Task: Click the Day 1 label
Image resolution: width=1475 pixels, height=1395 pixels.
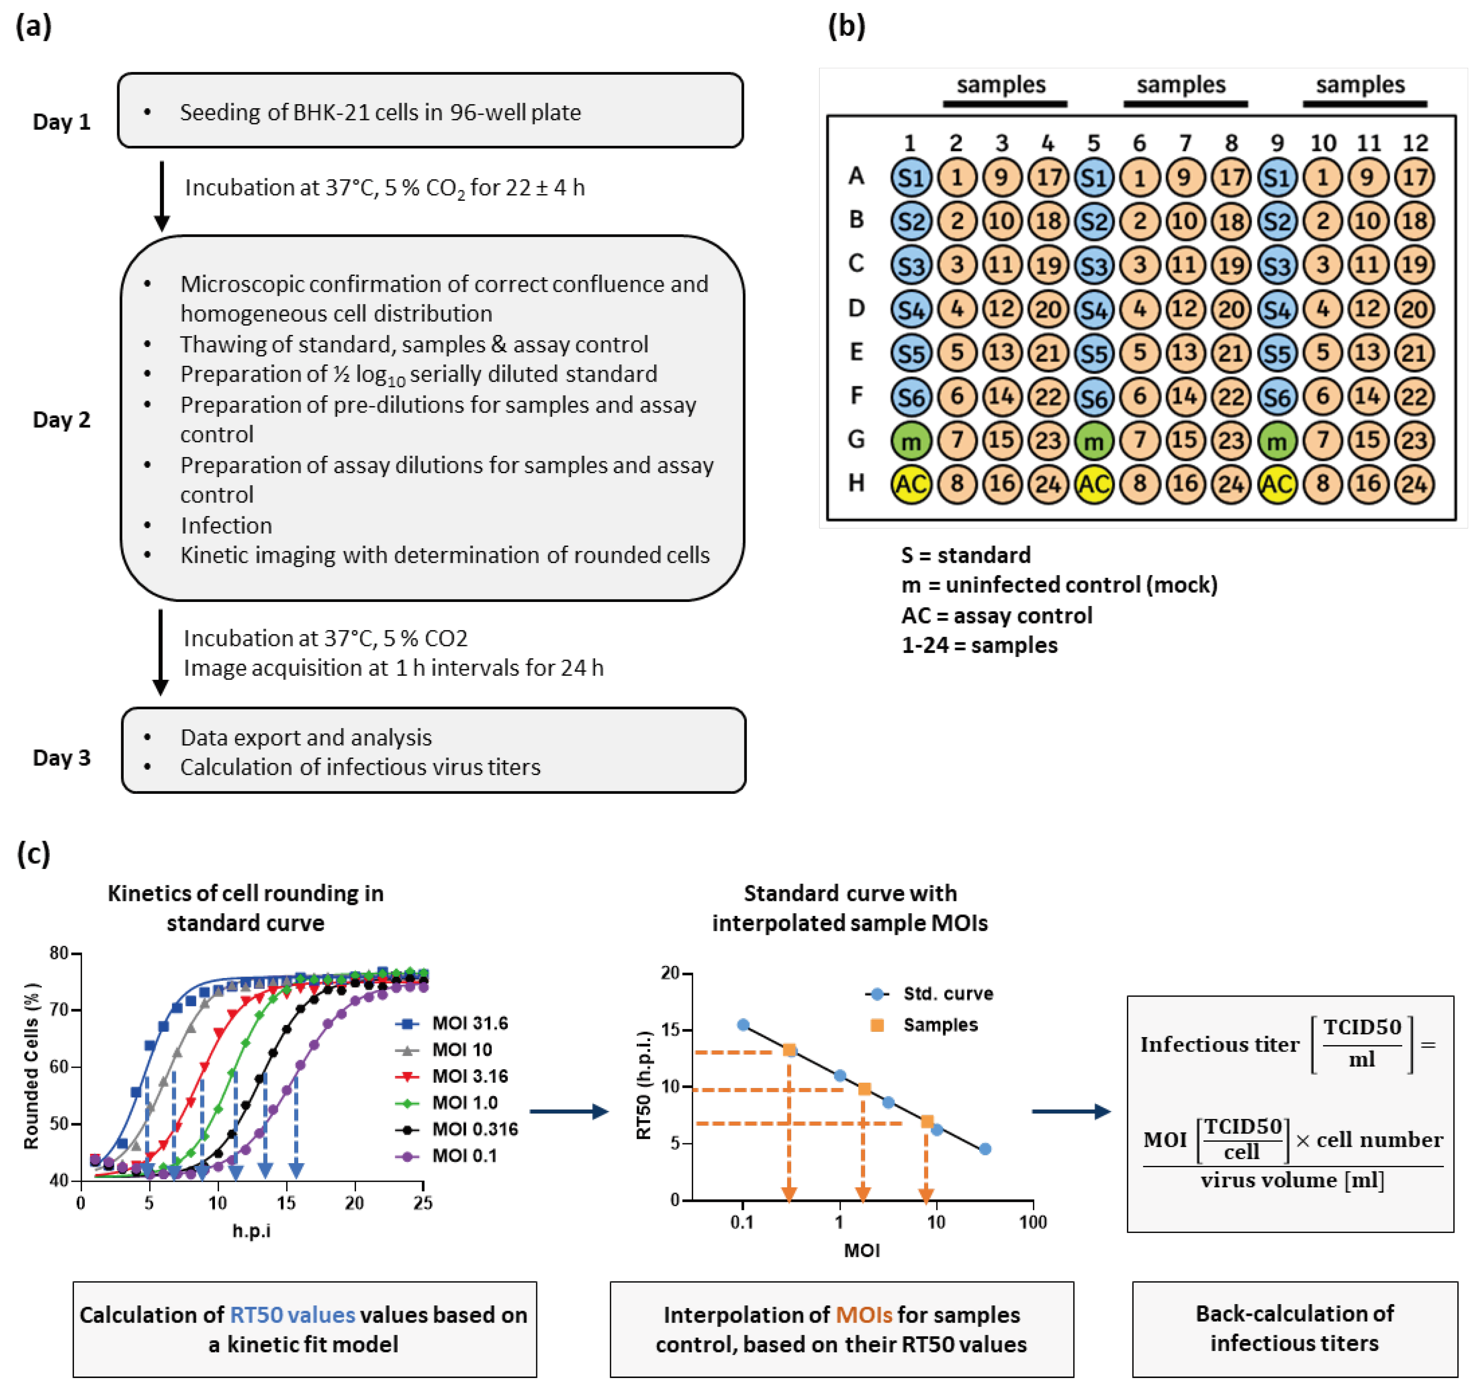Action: tap(62, 122)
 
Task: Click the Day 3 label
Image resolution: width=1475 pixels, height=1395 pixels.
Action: tap(62, 758)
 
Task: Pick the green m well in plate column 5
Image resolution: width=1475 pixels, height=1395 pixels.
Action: tap(1094, 441)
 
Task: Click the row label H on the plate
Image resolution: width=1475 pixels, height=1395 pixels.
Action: tap(856, 483)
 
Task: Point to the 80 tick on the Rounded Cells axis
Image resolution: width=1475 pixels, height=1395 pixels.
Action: tap(59, 953)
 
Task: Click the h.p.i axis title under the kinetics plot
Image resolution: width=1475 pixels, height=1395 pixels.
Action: tap(251, 1231)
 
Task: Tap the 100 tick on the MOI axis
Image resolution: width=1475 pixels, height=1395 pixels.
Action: tap(1032, 1222)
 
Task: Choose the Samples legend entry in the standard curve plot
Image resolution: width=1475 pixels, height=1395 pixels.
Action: tap(940, 1025)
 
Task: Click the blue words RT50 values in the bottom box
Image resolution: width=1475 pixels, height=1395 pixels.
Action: tap(292, 1315)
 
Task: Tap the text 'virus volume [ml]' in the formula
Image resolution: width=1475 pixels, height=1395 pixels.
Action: tap(1292, 1180)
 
